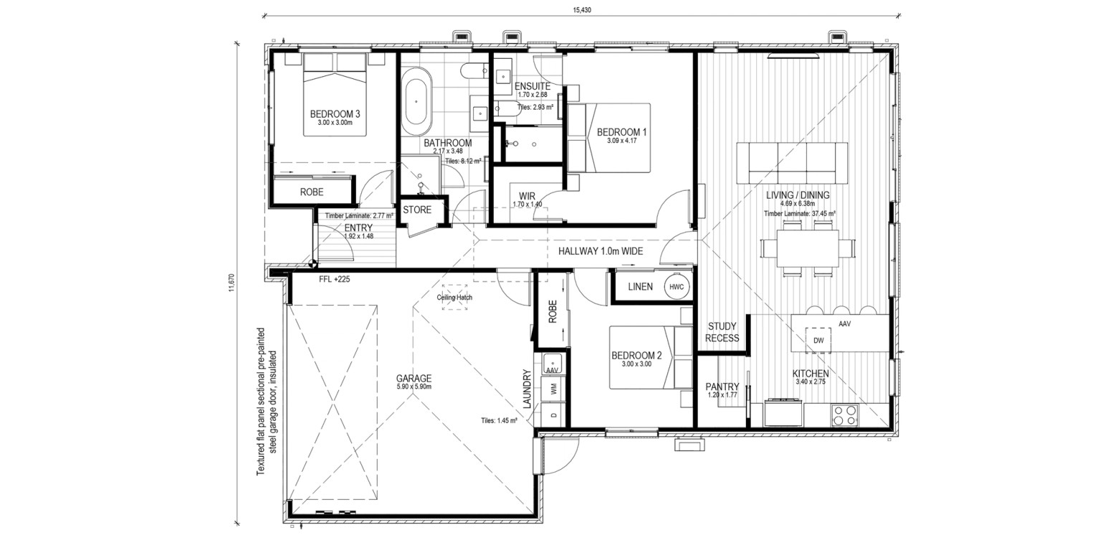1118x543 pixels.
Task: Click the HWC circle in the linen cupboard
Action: [x=677, y=287]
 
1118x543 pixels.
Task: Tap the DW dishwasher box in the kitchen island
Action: [x=818, y=340]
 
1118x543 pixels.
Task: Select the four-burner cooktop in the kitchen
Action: [x=844, y=415]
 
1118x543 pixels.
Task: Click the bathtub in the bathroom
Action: [x=417, y=101]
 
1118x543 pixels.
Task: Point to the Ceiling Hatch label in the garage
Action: [x=454, y=298]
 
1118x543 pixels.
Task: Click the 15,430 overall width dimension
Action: [x=582, y=9]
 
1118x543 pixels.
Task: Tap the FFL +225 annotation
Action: [x=335, y=280]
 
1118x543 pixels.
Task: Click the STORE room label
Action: [x=417, y=209]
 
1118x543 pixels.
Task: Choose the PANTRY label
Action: [x=722, y=387]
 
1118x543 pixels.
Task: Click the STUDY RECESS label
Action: [x=722, y=332]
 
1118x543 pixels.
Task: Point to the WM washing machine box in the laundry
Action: [x=553, y=389]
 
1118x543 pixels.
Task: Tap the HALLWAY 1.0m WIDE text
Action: [x=601, y=251]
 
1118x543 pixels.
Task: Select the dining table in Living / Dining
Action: [x=807, y=248]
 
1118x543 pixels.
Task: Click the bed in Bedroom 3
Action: [x=335, y=95]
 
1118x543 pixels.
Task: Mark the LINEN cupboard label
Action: [x=641, y=287]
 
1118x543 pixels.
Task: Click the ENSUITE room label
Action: [x=532, y=86]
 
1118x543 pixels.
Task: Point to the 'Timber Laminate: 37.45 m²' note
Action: [x=800, y=213]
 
